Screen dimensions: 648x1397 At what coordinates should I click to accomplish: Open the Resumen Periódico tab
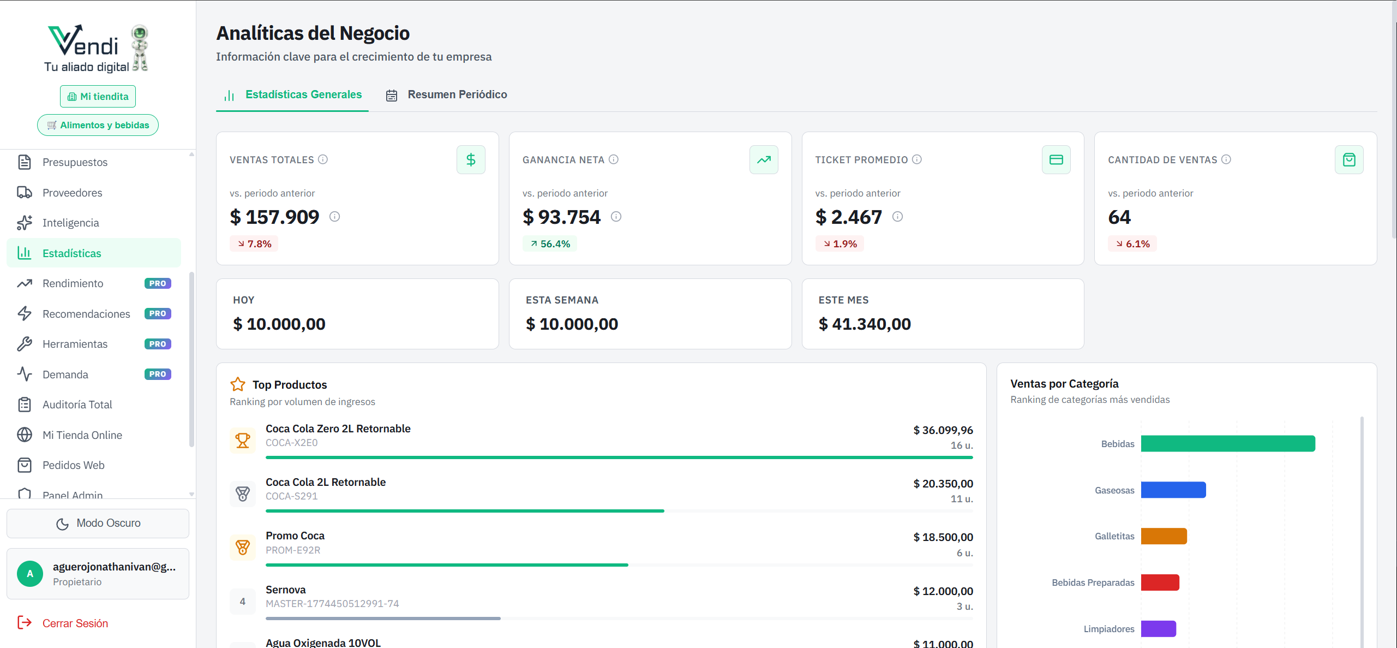tap(447, 95)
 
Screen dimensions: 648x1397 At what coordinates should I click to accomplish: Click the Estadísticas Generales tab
tap(292, 95)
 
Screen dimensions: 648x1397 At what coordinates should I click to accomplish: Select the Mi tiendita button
tap(98, 97)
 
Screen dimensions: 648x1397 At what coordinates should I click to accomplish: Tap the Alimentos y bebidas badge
tap(98, 125)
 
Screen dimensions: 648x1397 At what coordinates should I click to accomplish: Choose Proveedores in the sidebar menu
tap(72, 193)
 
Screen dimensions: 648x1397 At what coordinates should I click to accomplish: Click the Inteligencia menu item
tap(70, 223)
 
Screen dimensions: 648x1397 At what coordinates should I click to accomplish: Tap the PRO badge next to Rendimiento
tap(158, 283)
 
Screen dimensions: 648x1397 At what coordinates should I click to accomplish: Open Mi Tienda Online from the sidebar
tap(82, 435)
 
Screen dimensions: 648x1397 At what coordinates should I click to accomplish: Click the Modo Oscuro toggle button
tap(98, 523)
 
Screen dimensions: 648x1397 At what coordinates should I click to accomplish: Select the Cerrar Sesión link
tap(75, 623)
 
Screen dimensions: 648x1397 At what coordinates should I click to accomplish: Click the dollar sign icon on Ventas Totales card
tap(471, 160)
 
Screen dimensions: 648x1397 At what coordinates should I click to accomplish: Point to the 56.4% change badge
tap(550, 244)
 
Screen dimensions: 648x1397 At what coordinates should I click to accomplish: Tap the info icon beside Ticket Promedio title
tap(917, 159)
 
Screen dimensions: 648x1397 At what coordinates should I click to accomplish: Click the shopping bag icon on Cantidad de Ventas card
tap(1349, 160)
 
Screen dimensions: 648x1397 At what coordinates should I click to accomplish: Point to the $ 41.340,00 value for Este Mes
tap(865, 324)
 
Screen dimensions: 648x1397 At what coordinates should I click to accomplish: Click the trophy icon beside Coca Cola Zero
tap(243, 440)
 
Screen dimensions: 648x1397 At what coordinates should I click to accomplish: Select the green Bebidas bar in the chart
tap(1227, 444)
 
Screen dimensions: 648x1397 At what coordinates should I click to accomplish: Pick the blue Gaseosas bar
tap(1173, 490)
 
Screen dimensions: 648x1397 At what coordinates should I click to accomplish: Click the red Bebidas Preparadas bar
tap(1160, 582)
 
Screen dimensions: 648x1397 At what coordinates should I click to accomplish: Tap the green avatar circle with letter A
tap(30, 574)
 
